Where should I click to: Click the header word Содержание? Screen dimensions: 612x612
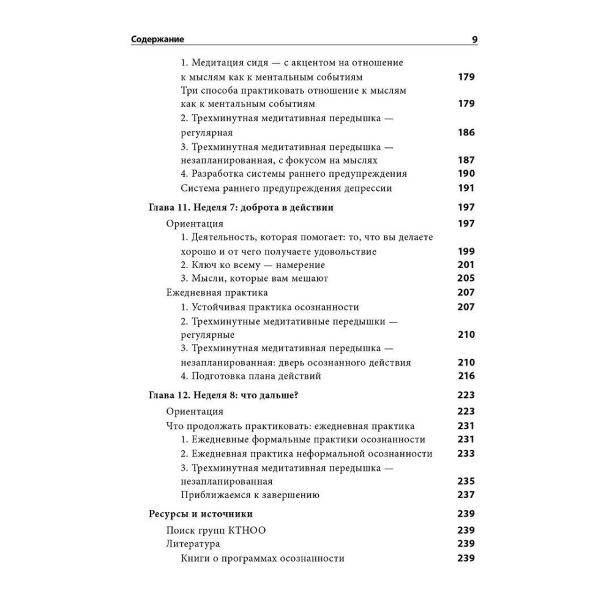pyautogui.click(x=158, y=40)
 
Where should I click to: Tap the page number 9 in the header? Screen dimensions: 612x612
pyautogui.click(x=474, y=40)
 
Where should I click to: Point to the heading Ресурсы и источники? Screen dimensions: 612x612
pyautogui.click(x=200, y=513)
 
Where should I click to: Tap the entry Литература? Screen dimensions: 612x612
pyautogui.click(x=193, y=543)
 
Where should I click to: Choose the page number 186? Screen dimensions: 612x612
pyautogui.click(x=466, y=132)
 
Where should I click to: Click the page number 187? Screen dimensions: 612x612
pyautogui.click(x=466, y=160)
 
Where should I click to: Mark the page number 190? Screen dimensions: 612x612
pyautogui.click(x=466, y=174)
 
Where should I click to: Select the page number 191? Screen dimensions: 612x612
pyautogui.click(x=466, y=188)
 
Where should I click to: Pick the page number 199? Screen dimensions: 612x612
pyautogui.click(x=466, y=252)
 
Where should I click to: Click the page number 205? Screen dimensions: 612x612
pyautogui.click(x=466, y=278)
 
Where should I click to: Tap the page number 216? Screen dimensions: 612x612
pyautogui.click(x=466, y=376)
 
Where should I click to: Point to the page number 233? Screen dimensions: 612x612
pyautogui.click(x=466, y=453)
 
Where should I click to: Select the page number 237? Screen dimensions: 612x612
pyautogui.click(x=466, y=494)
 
